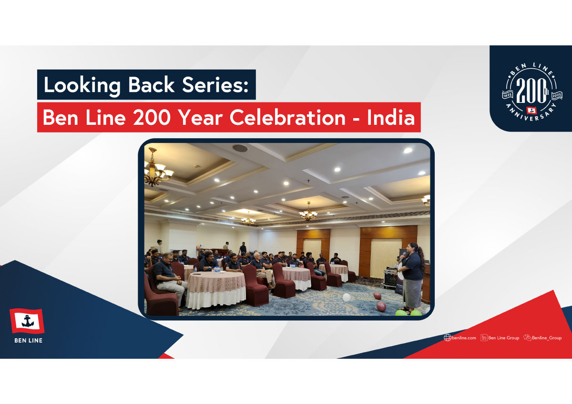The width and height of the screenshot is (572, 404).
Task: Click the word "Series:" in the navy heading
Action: (x=215, y=85)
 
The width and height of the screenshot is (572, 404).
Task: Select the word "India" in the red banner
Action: (x=391, y=117)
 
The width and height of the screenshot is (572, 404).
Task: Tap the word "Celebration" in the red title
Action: (x=287, y=117)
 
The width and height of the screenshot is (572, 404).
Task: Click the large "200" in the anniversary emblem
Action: (x=531, y=91)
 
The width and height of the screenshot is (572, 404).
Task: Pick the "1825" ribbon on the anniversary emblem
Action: (x=508, y=95)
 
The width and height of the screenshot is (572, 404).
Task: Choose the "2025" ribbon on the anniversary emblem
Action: (x=557, y=95)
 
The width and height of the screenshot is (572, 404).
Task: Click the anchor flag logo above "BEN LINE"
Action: (x=27, y=321)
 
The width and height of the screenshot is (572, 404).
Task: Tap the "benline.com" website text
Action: (x=464, y=338)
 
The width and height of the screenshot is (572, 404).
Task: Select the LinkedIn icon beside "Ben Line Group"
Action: (x=484, y=338)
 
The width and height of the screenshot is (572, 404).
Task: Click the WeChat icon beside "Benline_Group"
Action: (x=527, y=338)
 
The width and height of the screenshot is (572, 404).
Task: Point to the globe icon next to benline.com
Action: (x=448, y=338)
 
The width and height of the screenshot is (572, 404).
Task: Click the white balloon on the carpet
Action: (x=346, y=297)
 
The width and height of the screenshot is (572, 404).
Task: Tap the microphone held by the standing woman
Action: (x=404, y=255)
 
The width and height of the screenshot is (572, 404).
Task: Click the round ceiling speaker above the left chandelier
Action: (x=240, y=148)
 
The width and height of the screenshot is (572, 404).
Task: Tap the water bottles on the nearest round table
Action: (x=216, y=270)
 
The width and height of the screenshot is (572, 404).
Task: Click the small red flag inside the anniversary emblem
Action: (x=531, y=110)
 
